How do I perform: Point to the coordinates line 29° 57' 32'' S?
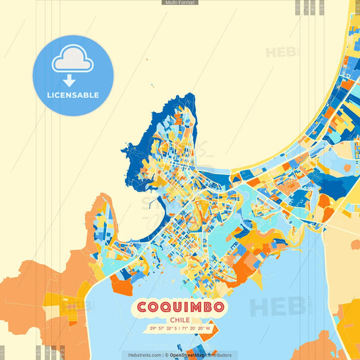click(180, 329)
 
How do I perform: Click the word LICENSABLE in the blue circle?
click(73, 95)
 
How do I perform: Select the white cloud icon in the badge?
click(73, 58)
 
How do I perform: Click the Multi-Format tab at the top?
click(180, 3)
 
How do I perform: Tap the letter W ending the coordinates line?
click(209, 329)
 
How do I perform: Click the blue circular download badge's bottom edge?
click(73, 114)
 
